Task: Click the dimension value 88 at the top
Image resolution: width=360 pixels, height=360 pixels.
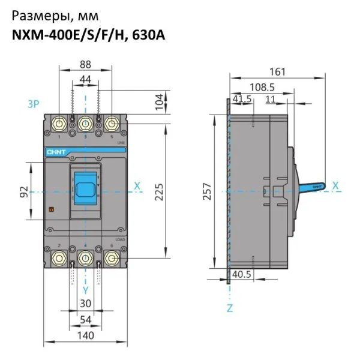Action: pyautogui.click(x=85, y=64)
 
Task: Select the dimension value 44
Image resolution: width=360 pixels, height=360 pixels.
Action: pyautogui.click(x=85, y=80)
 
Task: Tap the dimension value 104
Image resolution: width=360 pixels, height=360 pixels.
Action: pyautogui.click(x=160, y=101)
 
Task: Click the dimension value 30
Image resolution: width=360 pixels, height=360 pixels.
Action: pyautogui.click(x=85, y=304)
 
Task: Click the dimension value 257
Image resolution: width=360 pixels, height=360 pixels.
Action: pyautogui.click(x=206, y=191)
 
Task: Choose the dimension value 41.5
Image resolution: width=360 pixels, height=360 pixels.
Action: pyautogui.click(x=242, y=98)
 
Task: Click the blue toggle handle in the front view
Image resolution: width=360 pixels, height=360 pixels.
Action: pyautogui.click(x=85, y=185)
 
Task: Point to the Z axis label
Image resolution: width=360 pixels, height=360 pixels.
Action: pyautogui.click(x=229, y=308)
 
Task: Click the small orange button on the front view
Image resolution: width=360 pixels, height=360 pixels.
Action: pyautogui.click(x=51, y=211)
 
